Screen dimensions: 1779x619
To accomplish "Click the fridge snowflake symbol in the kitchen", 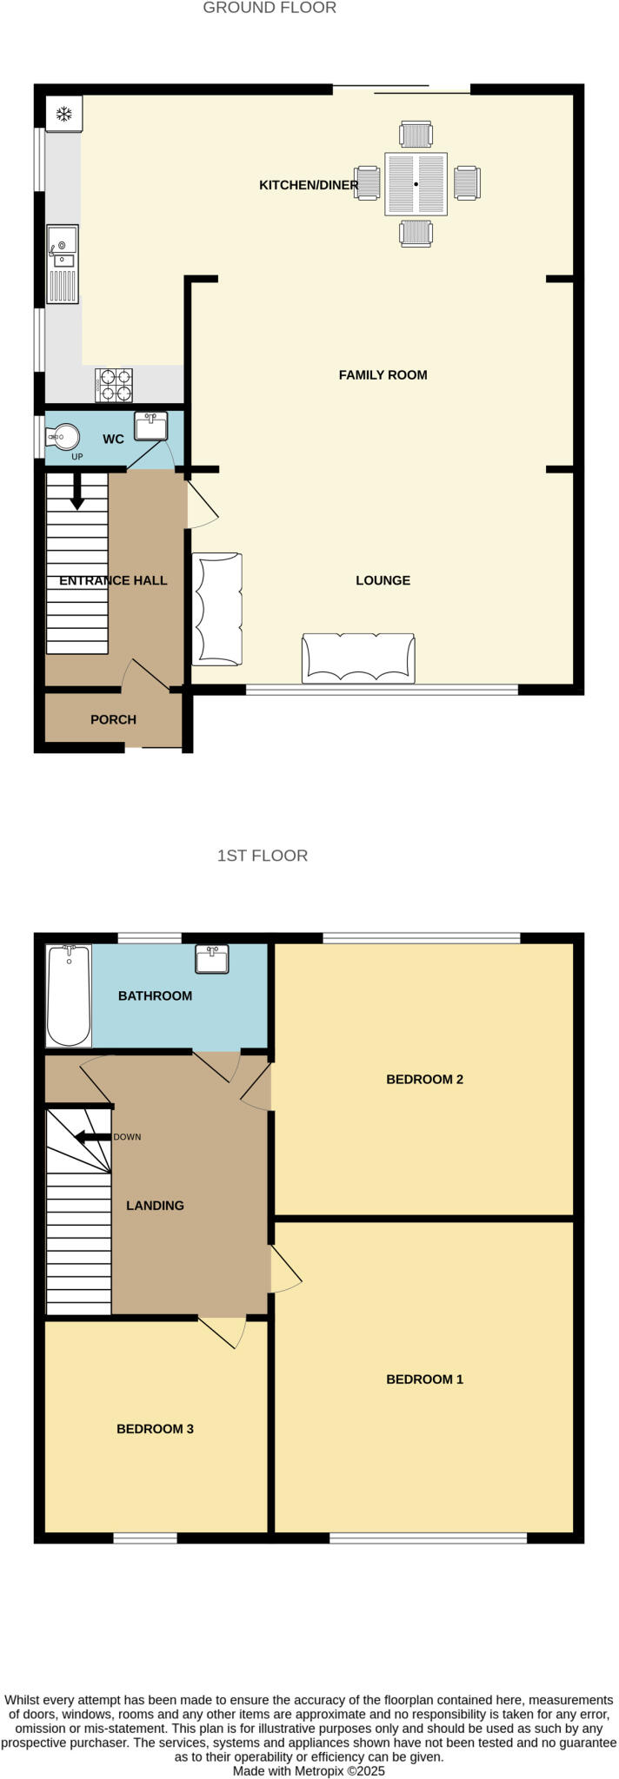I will pyautogui.click(x=63, y=114).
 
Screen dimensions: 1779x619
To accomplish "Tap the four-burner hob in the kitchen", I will pyautogui.click(x=114, y=385).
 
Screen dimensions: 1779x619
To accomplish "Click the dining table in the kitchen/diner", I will pyautogui.click(x=416, y=184).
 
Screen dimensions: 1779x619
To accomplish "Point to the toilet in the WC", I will pyautogui.click(x=63, y=437).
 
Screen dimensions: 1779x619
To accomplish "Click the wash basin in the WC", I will pyautogui.click(x=150, y=427).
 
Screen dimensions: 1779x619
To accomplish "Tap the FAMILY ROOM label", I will pyautogui.click(x=383, y=375).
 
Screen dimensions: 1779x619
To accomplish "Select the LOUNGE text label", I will pyautogui.click(x=383, y=580).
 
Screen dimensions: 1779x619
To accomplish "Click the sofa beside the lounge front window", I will pyautogui.click(x=358, y=658).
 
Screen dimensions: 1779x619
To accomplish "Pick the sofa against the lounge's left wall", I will pyautogui.click(x=216, y=609).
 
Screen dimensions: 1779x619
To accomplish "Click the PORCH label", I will pyautogui.click(x=113, y=719).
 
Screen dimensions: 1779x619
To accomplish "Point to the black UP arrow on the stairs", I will pyautogui.click(x=77, y=492).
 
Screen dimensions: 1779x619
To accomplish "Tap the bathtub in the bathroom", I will pyautogui.click(x=69, y=995).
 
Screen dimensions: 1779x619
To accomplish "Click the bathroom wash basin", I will pyautogui.click(x=212, y=959).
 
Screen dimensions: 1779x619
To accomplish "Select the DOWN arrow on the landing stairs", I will pyautogui.click(x=93, y=1137).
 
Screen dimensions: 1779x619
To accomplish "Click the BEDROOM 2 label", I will pyautogui.click(x=424, y=1080).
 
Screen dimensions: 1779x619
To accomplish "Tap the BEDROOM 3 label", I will pyautogui.click(x=155, y=1429).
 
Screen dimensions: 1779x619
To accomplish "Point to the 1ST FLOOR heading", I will pyautogui.click(x=263, y=856).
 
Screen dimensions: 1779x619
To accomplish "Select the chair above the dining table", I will pyautogui.click(x=416, y=135).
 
